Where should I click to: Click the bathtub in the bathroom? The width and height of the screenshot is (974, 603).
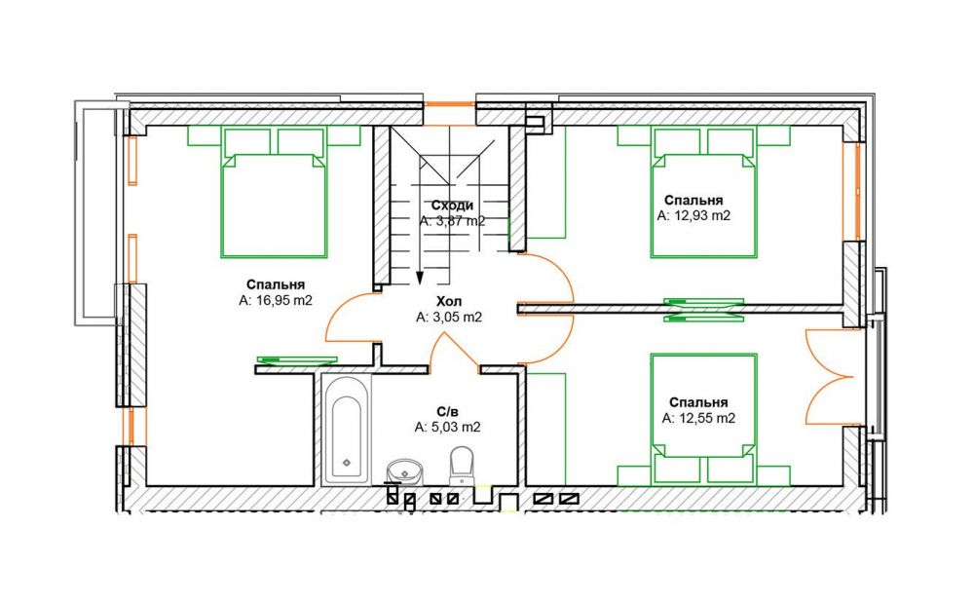pyautogui.click(x=347, y=430)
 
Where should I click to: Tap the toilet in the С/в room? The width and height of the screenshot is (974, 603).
pyautogui.click(x=461, y=465)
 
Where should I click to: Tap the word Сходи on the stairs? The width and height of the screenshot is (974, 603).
pyautogui.click(x=452, y=206)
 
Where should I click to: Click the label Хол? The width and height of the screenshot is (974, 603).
pyautogui.click(x=449, y=302)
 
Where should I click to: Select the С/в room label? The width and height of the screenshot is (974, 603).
pyautogui.click(x=447, y=411)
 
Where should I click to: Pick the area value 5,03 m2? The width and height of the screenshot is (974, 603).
pyautogui.click(x=447, y=428)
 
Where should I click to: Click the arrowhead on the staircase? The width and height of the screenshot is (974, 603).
pyautogui.click(x=420, y=279)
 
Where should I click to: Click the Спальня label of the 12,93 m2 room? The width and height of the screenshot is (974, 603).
pyautogui.click(x=693, y=200)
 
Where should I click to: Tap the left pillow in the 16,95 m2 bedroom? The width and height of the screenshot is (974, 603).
pyautogui.click(x=247, y=141)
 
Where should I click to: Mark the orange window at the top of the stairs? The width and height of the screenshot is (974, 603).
pyautogui.click(x=450, y=103)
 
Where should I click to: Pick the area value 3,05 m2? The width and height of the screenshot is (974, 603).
pyautogui.click(x=449, y=318)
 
